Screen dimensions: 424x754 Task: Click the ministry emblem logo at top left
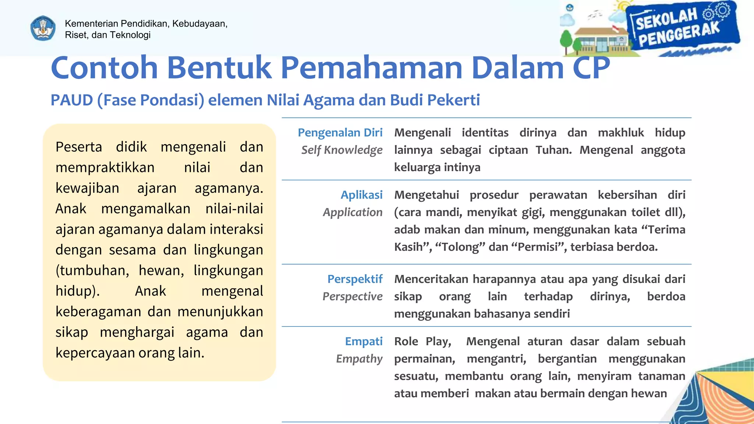(x=43, y=28)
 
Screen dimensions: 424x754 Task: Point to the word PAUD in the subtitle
(x=71, y=100)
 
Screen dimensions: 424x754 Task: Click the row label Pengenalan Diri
(x=340, y=132)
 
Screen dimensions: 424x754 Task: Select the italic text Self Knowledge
(x=342, y=150)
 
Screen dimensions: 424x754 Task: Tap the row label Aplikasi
(x=361, y=195)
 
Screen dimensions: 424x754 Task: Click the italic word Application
(x=352, y=212)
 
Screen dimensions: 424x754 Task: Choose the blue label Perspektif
(x=355, y=279)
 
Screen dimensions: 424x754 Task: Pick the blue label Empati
(x=363, y=341)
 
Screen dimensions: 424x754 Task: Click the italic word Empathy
(x=359, y=359)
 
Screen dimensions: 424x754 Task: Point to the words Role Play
(x=422, y=342)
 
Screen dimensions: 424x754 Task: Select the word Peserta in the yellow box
(x=79, y=147)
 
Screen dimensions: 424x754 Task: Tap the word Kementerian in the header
(x=91, y=24)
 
